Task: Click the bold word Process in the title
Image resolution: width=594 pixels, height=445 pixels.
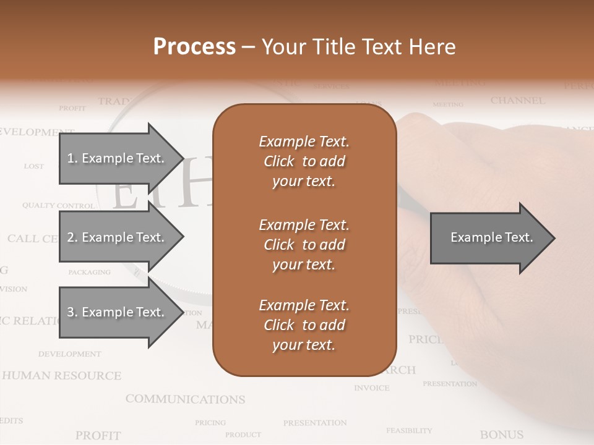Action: click(194, 47)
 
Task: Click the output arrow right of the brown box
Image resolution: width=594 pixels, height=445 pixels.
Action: click(492, 238)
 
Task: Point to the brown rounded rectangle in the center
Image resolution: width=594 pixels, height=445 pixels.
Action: click(304, 240)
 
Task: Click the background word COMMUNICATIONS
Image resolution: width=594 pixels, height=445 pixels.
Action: click(185, 399)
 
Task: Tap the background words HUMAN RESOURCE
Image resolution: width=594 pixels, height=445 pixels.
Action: click(61, 376)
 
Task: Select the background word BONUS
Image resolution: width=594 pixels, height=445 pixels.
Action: click(501, 435)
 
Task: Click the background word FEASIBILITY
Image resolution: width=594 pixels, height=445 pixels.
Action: click(409, 430)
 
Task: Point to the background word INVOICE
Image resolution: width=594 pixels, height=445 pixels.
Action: click(371, 388)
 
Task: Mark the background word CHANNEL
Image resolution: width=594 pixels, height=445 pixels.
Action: click(518, 100)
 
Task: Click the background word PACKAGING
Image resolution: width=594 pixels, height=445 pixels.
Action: click(89, 272)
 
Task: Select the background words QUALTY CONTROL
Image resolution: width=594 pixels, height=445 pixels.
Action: click(58, 205)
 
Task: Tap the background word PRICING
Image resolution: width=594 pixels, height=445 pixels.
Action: click(210, 423)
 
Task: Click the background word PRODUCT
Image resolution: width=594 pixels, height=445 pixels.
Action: click(243, 434)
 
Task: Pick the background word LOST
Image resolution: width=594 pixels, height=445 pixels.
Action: click(34, 166)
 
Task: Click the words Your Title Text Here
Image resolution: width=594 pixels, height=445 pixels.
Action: click(358, 47)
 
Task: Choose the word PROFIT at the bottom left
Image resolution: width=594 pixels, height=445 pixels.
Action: click(98, 436)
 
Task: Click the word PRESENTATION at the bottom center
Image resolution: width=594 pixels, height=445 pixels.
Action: click(314, 423)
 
